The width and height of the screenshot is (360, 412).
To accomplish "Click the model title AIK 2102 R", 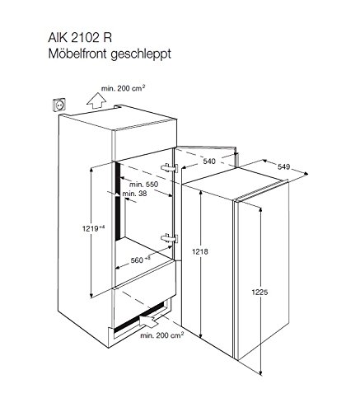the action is coord(80,38).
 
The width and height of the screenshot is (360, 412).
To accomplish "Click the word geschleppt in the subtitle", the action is coord(141,54).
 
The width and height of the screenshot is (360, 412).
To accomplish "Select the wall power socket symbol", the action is coord(59,105).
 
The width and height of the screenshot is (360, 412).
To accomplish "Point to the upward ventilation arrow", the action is coord(96,101).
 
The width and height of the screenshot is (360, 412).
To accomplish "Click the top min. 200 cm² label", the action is coord(123,88).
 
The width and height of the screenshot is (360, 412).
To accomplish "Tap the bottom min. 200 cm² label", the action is coord(161,335).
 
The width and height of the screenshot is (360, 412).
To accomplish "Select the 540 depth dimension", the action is coord(209,162).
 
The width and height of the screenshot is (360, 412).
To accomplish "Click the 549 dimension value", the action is coord(283,166).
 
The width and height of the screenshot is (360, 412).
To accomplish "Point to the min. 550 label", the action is coord(144,184).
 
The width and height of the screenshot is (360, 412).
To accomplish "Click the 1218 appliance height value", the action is coord(200,251).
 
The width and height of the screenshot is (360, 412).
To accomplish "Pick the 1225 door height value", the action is coord(259,292).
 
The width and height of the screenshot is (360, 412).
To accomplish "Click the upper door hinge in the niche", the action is coord(169,168).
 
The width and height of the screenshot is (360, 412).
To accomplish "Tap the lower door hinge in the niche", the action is coord(169,238).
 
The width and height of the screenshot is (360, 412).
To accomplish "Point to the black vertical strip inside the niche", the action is coord(118,201).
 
